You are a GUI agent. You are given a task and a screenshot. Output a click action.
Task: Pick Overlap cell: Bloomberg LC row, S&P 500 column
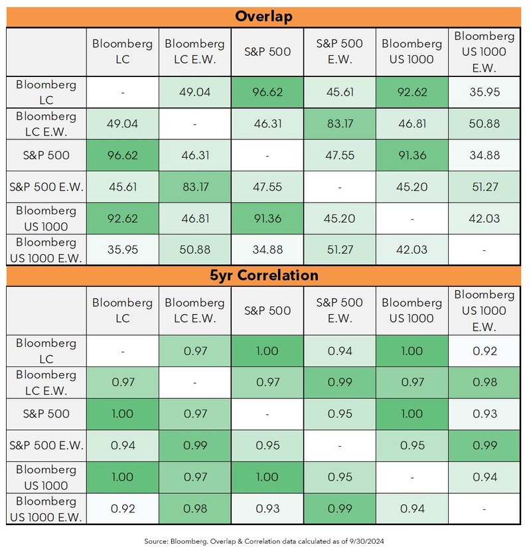(x=267, y=92)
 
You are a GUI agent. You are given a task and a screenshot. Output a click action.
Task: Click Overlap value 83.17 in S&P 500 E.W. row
(x=195, y=187)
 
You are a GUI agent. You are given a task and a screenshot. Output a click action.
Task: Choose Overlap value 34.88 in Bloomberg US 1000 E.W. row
(x=267, y=250)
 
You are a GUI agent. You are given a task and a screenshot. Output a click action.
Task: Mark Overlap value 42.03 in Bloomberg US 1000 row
(x=484, y=219)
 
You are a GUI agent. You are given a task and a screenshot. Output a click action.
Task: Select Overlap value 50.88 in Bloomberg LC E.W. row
(x=484, y=124)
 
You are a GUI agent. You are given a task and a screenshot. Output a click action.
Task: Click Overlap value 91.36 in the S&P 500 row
(x=412, y=156)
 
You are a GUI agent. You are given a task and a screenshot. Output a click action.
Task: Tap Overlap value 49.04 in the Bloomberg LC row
(x=195, y=92)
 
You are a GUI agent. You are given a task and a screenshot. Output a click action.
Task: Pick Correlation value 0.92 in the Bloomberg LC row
(x=484, y=351)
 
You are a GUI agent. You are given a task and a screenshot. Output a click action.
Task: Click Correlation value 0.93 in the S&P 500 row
(x=484, y=414)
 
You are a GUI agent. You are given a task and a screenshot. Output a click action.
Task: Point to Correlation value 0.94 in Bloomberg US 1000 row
(x=484, y=477)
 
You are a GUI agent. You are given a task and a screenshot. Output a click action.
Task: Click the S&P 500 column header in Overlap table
(x=267, y=51)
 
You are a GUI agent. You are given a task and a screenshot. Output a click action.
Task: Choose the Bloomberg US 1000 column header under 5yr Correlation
(x=412, y=310)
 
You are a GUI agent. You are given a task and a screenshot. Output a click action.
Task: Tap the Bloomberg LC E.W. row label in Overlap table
(x=46, y=124)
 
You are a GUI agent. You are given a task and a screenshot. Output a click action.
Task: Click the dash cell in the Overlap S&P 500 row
(x=267, y=156)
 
